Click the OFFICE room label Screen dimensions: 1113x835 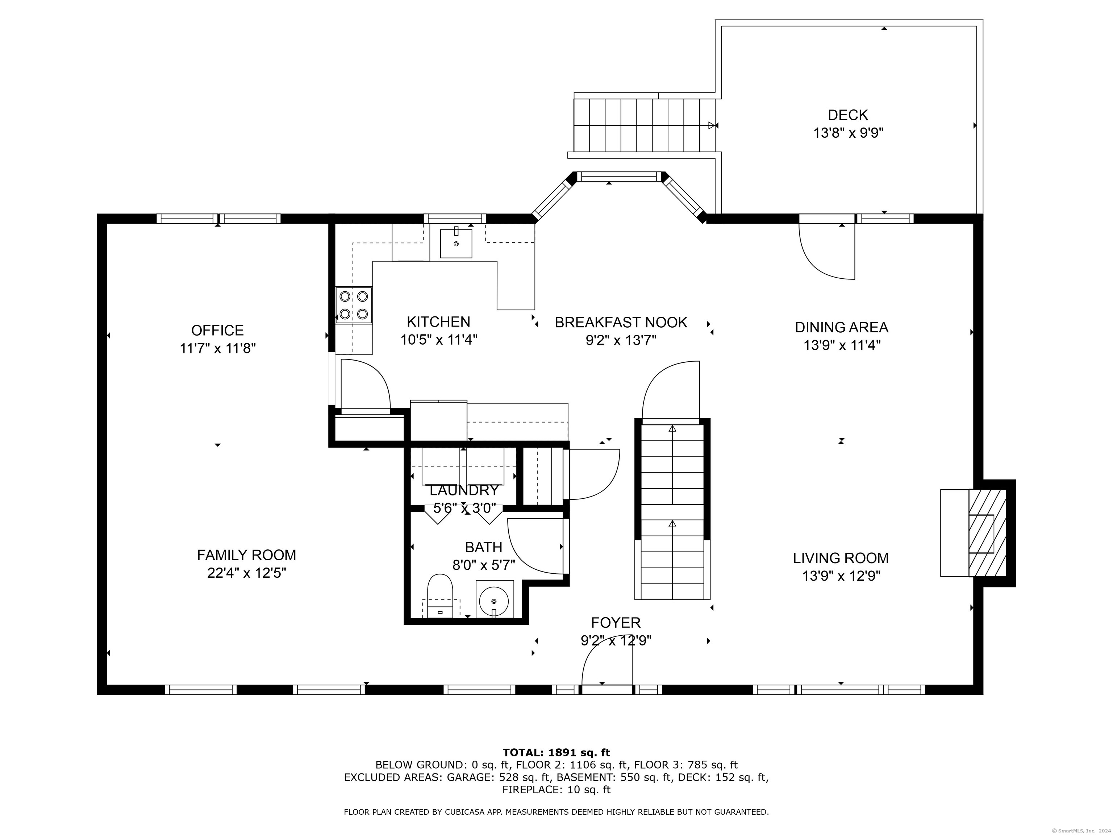pos(217,330)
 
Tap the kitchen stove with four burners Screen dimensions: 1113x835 pos(354,305)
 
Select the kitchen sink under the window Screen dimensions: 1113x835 pos(456,243)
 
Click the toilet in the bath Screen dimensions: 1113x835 pos(440,595)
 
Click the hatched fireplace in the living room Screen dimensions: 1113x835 pos(987,533)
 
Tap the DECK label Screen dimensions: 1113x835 pos(848,115)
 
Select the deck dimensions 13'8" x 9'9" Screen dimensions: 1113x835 pos(848,133)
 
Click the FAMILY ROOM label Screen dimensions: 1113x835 pos(247,555)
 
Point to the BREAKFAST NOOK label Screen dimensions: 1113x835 pos(621,322)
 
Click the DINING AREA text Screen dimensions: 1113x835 pos(841,327)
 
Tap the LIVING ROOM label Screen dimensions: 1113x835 pos(841,558)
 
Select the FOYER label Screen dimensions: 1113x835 pos(616,623)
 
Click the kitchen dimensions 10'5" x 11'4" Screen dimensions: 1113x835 pos(439,340)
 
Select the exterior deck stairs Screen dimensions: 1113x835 pos(645,125)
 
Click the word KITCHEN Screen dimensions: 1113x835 pos(438,321)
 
